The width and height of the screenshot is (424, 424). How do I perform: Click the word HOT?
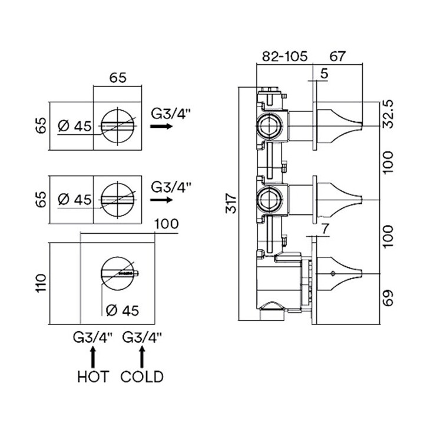coord(92,376)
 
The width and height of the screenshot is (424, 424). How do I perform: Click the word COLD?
coord(142,376)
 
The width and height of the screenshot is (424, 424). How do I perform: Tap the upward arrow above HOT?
coord(92,356)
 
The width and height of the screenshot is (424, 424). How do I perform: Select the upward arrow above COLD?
coord(141,356)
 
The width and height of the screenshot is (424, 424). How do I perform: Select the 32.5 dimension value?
coord(386,114)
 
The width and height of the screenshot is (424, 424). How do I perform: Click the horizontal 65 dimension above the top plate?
coord(118,77)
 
